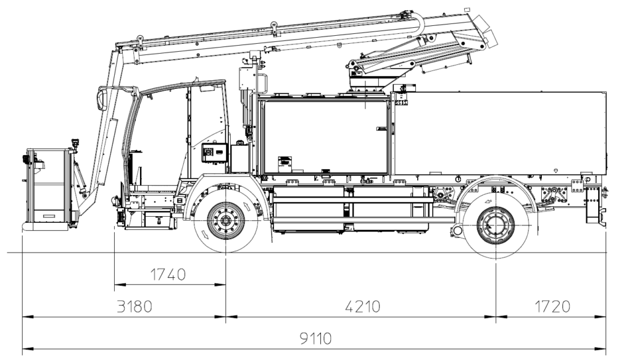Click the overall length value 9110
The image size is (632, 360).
315,339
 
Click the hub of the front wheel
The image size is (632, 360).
225,220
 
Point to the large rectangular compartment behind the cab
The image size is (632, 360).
326,136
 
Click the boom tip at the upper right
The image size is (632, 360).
488,31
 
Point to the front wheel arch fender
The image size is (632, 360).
225,185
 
